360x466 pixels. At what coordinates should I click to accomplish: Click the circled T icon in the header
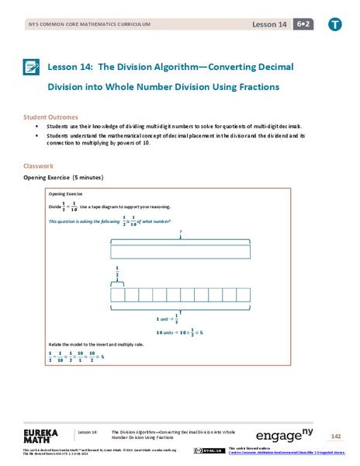334,25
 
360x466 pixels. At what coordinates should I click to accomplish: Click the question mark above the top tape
180,231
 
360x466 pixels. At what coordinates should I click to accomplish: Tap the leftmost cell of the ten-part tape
118,294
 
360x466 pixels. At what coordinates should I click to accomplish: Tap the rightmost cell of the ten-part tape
244,294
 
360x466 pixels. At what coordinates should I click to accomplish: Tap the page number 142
335,436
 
